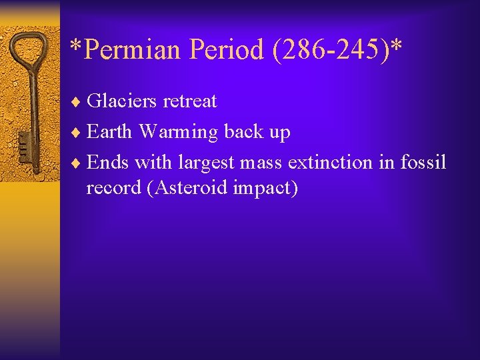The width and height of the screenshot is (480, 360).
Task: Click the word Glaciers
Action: click(122, 101)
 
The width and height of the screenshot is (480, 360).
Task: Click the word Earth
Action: click(110, 132)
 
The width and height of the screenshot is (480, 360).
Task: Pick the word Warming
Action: click(179, 133)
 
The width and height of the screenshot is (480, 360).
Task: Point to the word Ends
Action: click(108, 162)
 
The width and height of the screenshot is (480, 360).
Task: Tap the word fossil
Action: click(423, 162)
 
